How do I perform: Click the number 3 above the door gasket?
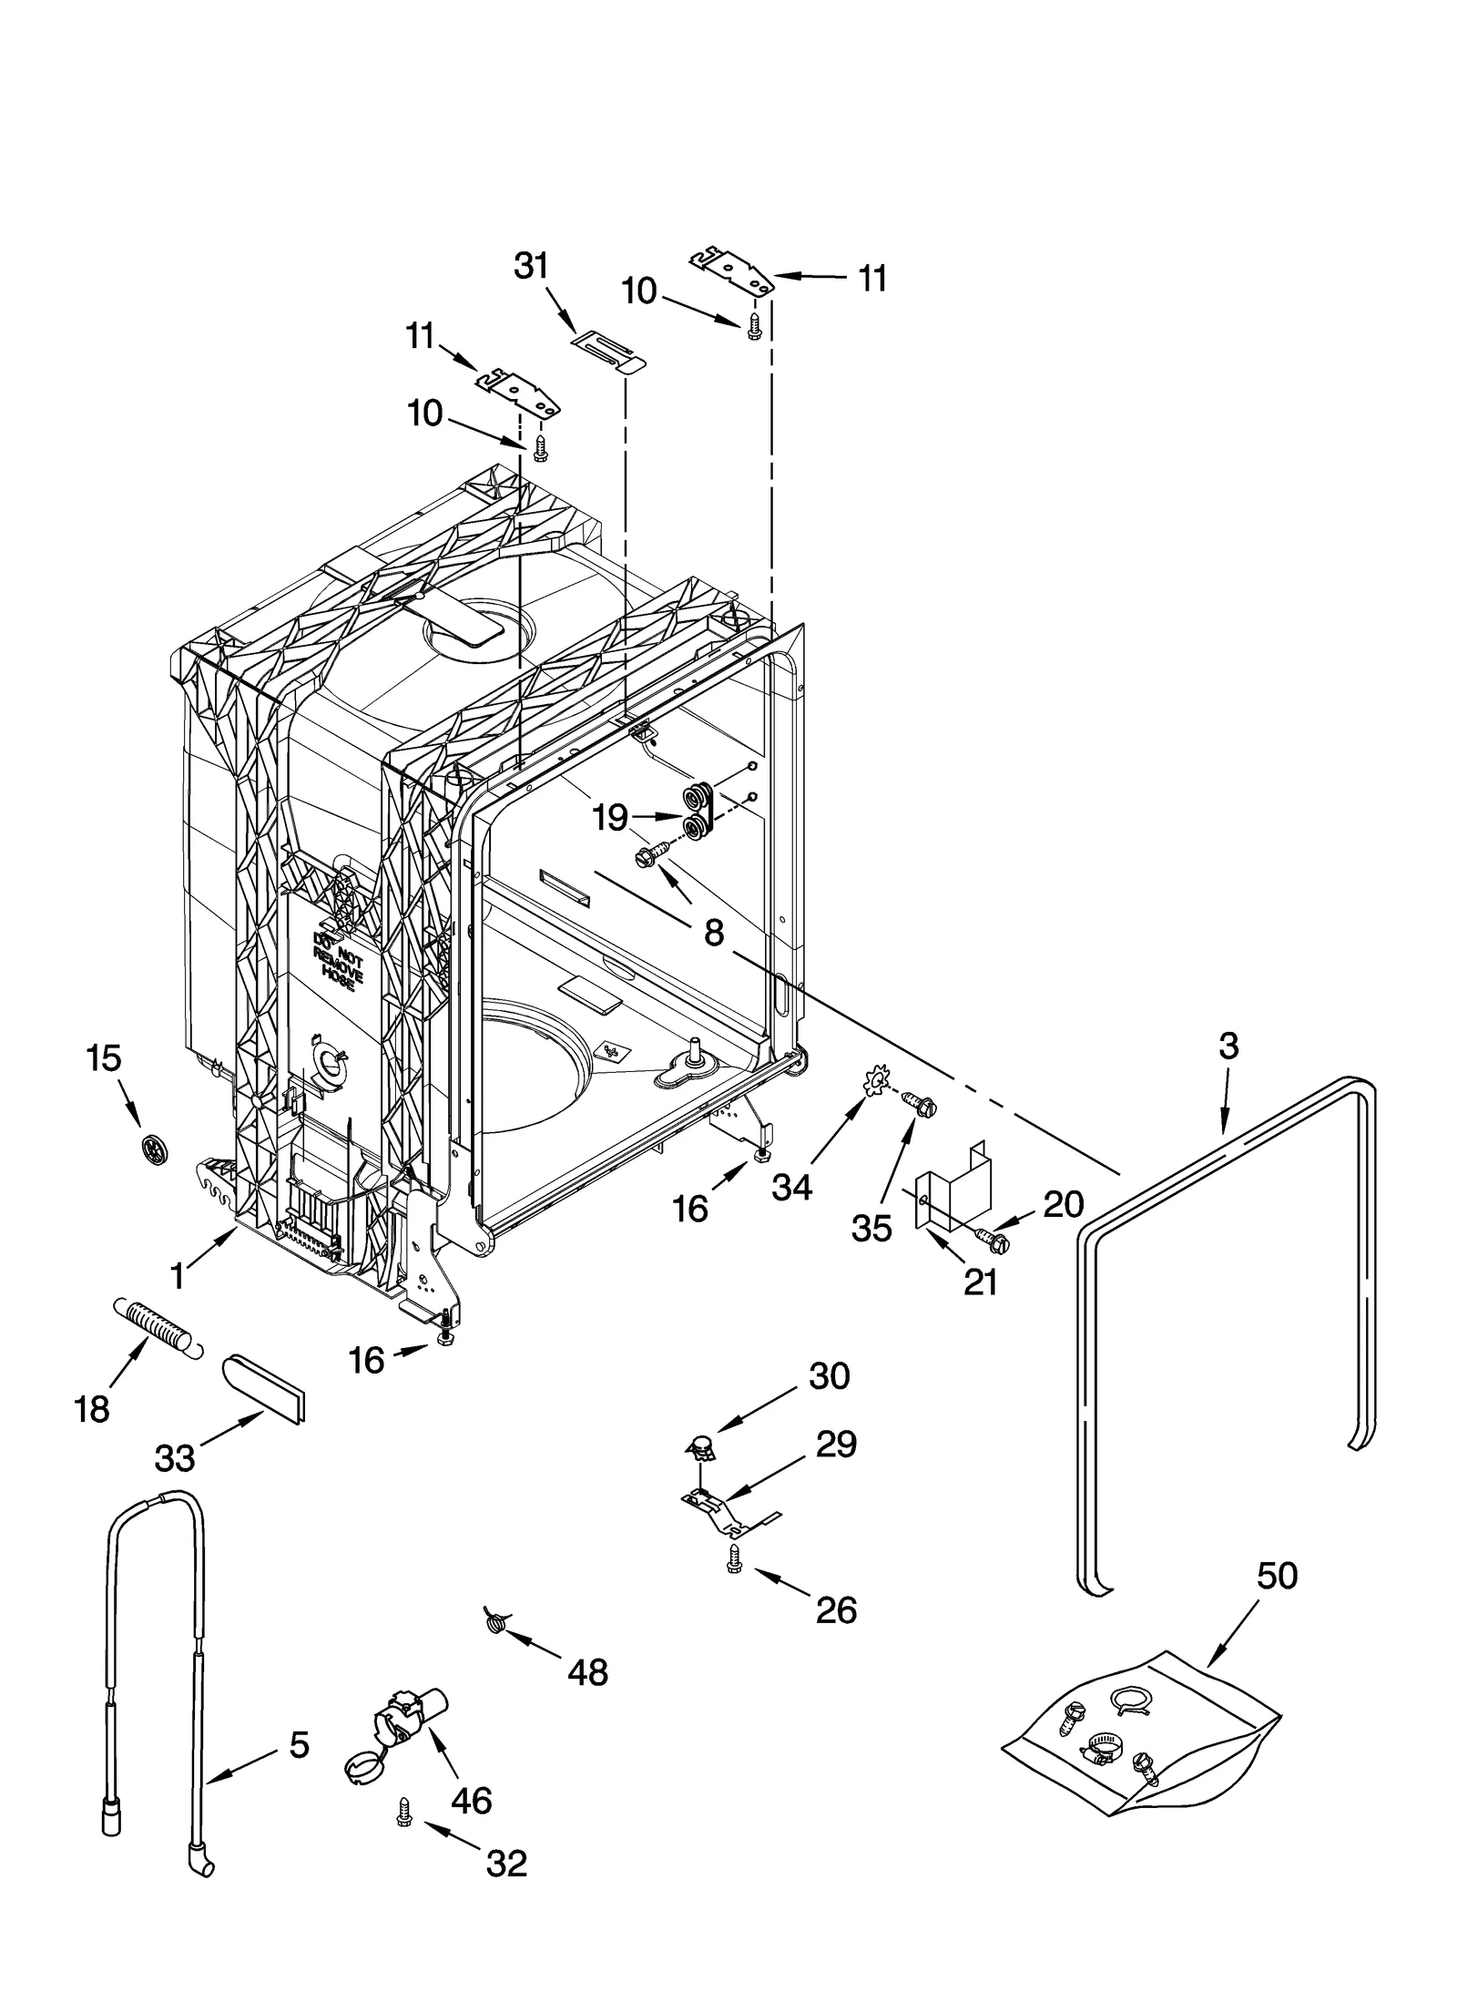tap(1228, 1047)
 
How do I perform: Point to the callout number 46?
tap(472, 1800)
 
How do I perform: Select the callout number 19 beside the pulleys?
tap(610, 818)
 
